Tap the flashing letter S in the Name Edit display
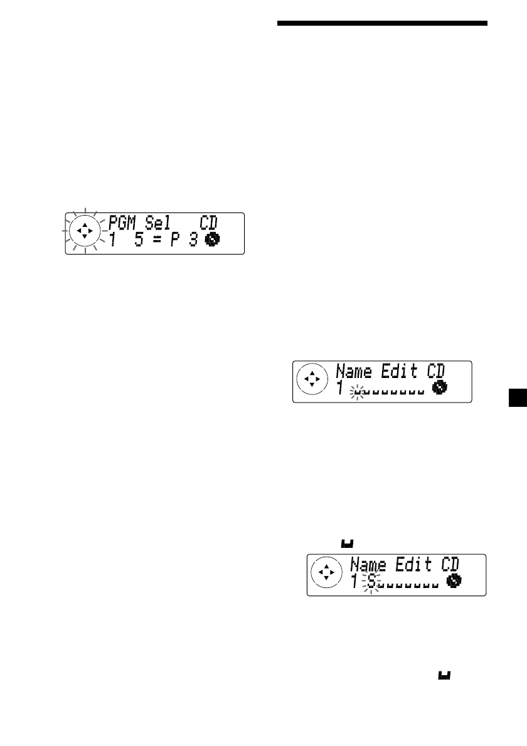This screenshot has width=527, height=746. [372, 582]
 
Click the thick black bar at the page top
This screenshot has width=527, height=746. [382, 24]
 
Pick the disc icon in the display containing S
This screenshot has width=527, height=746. [452, 582]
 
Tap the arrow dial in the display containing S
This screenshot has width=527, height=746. [325, 574]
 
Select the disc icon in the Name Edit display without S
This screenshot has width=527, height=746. [439, 389]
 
